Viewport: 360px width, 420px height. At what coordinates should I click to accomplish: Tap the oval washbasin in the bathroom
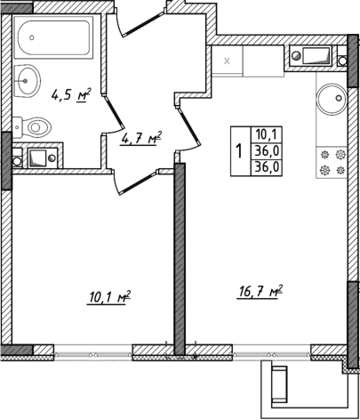pyautogui.click(x=28, y=81)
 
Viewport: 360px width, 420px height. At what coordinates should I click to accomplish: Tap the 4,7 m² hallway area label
pyautogui.click(x=141, y=138)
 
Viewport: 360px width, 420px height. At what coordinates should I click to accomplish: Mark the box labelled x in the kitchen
pyautogui.click(x=228, y=61)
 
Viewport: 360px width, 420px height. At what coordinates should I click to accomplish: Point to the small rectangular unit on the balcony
pyautogui.click(x=283, y=385)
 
